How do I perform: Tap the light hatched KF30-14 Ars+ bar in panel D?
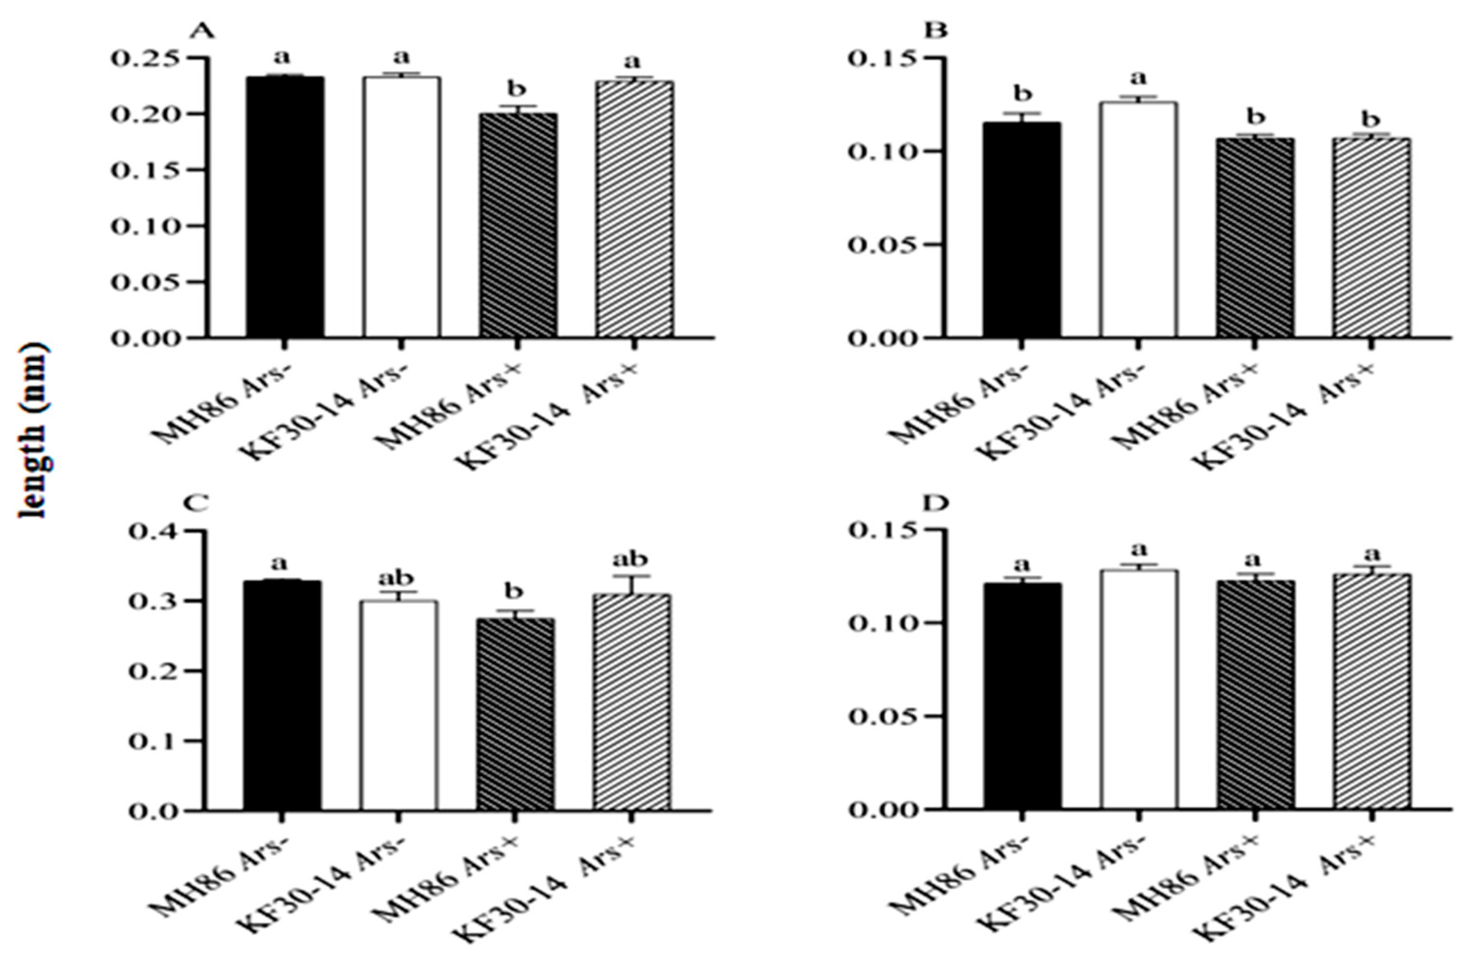tap(1371, 692)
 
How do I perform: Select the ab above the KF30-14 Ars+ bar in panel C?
tap(631, 559)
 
